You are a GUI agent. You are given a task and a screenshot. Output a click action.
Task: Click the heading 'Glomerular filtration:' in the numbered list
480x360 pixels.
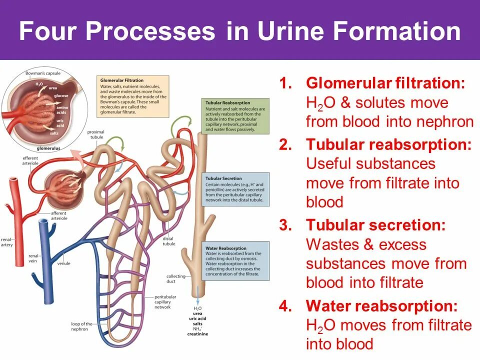point(385,83)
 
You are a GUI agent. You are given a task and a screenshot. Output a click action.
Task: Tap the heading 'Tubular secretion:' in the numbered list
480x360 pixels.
point(375,225)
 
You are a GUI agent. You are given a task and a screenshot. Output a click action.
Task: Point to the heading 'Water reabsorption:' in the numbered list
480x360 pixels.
point(381,306)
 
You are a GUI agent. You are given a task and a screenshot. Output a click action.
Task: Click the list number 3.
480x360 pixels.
point(285,225)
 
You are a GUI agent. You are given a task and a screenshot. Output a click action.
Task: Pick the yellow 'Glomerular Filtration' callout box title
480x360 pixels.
point(122,80)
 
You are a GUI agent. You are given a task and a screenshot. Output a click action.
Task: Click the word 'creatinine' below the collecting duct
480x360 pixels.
point(198,333)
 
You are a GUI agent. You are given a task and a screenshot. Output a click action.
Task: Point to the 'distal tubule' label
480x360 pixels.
point(168,241)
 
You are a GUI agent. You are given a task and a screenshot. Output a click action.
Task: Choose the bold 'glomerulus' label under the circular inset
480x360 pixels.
point(49,148)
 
